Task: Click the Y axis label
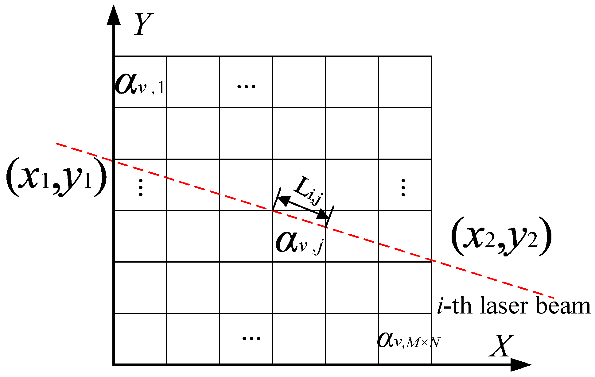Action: (x=143, y=24)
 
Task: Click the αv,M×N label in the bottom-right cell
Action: (x=409, y=340)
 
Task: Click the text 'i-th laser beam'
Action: (x=513, y=306)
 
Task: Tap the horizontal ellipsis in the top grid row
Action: (x=246, y=87)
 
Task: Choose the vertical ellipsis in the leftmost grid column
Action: (x=141, y=187)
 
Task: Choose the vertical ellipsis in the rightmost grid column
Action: (x=403, y=187)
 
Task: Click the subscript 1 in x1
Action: (x=45, y=182)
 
